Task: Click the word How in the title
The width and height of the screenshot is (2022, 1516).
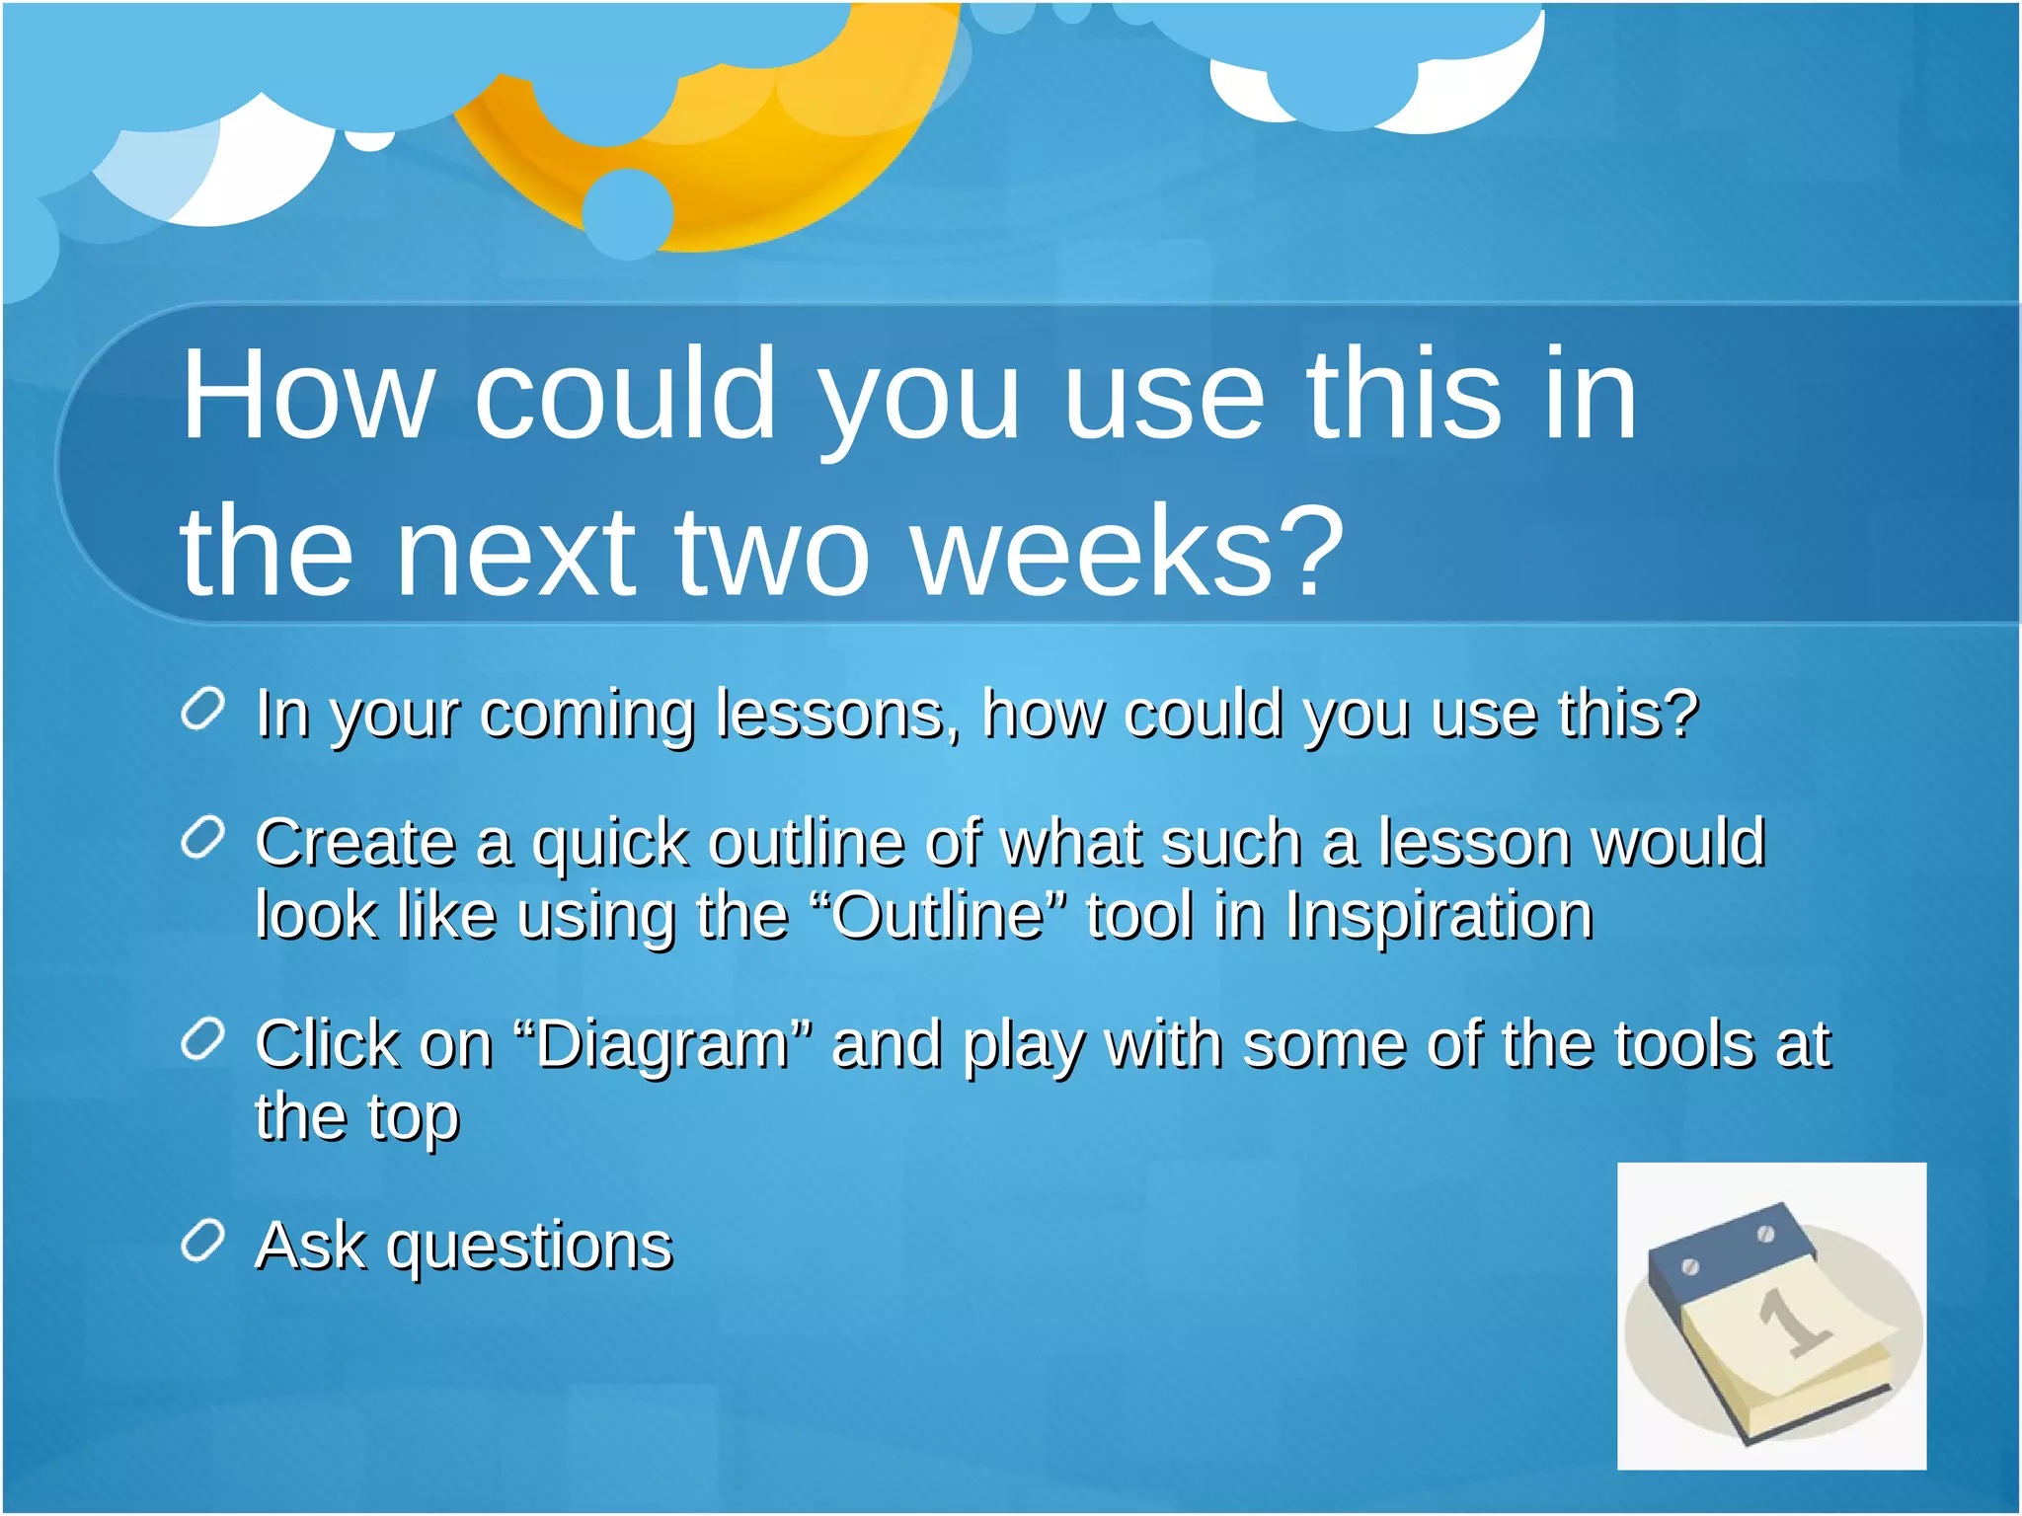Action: [308, 395]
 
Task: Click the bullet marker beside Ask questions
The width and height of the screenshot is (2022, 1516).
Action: [203, 1241]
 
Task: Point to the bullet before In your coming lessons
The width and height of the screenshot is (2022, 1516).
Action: [203, 710]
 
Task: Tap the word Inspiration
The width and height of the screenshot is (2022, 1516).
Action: [1439, 915]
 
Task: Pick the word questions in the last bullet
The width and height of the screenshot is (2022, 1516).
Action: [529, 1246]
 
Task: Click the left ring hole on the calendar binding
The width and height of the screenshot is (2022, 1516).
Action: [1689, 1266]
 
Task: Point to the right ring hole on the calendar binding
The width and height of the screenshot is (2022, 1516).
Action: [1766, 1234]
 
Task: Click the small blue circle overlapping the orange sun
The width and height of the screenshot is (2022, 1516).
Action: [628, 213]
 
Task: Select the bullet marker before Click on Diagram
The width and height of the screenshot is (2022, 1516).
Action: [203, 1040]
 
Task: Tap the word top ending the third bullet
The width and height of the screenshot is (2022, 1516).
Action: [414, 1117]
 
